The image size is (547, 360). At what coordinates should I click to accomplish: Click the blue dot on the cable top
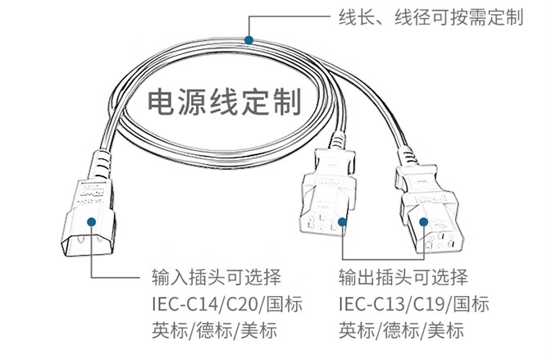click(249, 39)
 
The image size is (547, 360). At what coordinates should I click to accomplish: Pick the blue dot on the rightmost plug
click(424, 221)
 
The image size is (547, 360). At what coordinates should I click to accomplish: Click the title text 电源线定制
click(221, 103)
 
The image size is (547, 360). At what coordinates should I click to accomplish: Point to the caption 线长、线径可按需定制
click(430, 17)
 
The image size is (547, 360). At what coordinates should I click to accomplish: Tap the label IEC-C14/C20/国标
click(227, 303)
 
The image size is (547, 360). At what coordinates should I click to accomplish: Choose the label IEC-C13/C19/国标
click(413, 303)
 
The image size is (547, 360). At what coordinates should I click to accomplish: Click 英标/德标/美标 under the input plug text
click(214, 330)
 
